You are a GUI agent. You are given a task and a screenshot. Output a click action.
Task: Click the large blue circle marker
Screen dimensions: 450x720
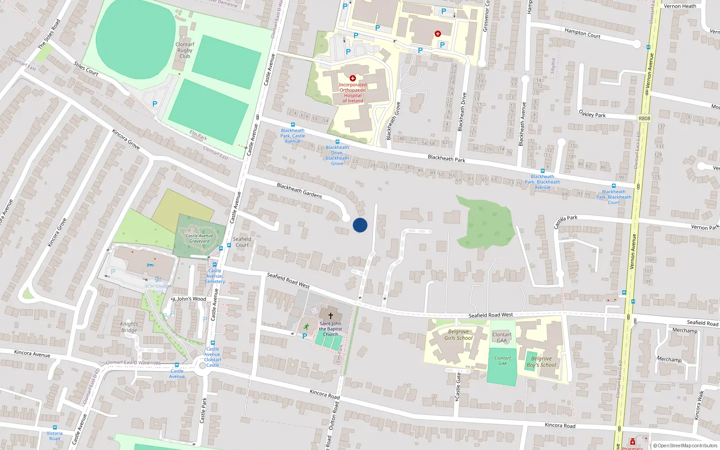tap(360, 225)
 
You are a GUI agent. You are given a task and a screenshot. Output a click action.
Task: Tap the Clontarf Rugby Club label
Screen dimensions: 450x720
tap(184, 50)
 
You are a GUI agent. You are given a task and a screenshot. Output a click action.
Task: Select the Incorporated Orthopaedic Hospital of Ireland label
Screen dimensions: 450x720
tap(353, 93)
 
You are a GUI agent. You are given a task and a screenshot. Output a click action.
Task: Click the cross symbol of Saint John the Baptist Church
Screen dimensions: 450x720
tap(331, 316)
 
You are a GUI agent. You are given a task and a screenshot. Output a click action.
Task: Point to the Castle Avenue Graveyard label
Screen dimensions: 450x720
tap(199, 238)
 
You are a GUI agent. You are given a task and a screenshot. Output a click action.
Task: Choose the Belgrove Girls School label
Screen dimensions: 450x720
tap(458, 335)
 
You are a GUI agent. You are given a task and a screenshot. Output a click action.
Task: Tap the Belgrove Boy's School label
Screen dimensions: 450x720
tap(541, 362)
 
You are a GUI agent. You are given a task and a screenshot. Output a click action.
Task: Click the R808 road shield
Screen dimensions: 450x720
tap(644, 118)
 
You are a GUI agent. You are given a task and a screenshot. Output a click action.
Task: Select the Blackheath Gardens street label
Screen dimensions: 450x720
tap(299, 191)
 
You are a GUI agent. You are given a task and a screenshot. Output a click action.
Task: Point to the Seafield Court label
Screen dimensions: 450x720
tap(242, 242)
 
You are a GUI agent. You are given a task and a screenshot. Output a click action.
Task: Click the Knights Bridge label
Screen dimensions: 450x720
tap(129, 327)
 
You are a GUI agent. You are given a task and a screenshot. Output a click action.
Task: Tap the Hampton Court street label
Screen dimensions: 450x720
tap(582, 33)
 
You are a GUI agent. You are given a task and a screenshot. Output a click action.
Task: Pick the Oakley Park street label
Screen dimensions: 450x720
tap(592, 114)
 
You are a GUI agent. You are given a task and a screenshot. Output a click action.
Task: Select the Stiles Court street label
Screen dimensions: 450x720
tap(86, 68)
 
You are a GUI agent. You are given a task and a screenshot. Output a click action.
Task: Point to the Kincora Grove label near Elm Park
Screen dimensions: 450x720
tap(126, 139)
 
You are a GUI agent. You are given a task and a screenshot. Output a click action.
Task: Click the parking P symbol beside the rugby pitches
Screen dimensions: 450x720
tap(155, 104)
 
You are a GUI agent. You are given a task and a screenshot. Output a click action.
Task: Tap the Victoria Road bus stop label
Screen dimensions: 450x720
tap(54, 436)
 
